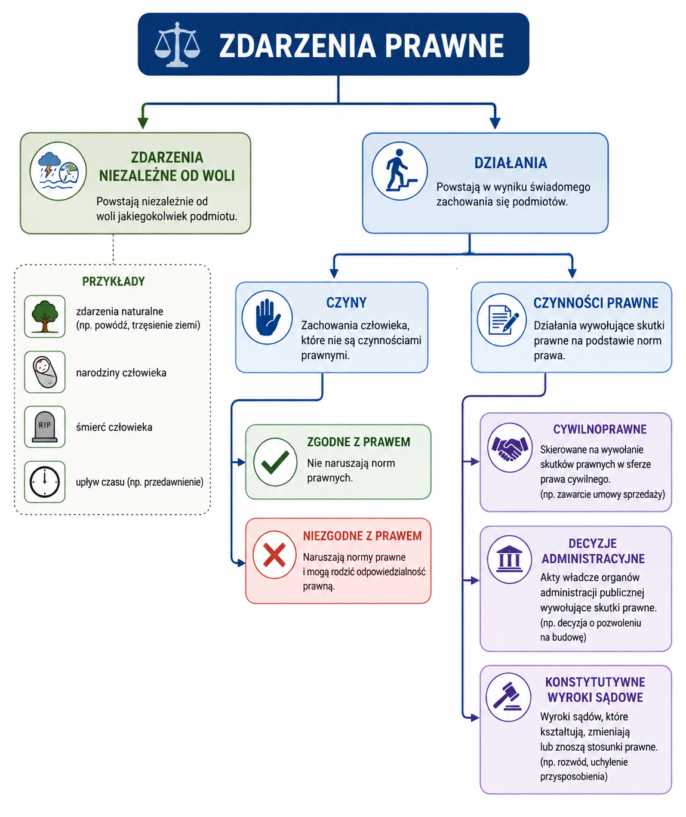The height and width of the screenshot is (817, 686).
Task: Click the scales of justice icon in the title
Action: pos(177,44)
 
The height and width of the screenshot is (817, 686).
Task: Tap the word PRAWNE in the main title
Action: pos(444,46)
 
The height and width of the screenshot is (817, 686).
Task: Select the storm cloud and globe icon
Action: pos(59,171)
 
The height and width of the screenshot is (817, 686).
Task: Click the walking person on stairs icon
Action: pos(399,171)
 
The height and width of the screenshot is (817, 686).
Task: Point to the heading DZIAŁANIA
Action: pos(510,163)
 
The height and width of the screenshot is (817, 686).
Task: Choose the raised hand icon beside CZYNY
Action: pos(267,317)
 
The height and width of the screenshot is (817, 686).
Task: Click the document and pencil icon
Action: pos(502,320)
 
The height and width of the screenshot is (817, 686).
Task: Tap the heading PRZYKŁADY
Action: pos(113,281)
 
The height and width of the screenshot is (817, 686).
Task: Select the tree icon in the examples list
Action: pos(45,316)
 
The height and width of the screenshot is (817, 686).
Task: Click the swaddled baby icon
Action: pos(45,372)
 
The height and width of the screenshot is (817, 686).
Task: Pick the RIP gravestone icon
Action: pos(45,427)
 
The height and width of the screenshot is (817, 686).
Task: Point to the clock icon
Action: pos(45,482)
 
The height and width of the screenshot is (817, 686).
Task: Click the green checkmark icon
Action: pos(275,462)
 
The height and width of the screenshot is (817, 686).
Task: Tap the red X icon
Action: pos(275,555)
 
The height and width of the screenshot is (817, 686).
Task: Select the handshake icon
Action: pos(510,447)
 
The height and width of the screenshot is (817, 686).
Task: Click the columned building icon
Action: pos(509,560)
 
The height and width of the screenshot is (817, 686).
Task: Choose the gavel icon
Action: pos(508,697)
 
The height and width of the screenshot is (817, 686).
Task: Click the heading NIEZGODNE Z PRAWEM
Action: pos(362,536)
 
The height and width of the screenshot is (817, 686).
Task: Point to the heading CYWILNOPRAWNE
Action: pos(600,429)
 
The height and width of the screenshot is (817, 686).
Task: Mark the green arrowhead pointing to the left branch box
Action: pos(143,122)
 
